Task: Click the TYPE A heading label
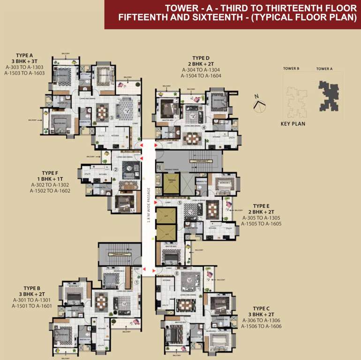tap(22, 55)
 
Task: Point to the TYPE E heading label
tap(261, 206)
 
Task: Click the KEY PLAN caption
tap(293, 124)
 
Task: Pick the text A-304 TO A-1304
tap(201, 70)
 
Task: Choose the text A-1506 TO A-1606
tap(261, 326)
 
